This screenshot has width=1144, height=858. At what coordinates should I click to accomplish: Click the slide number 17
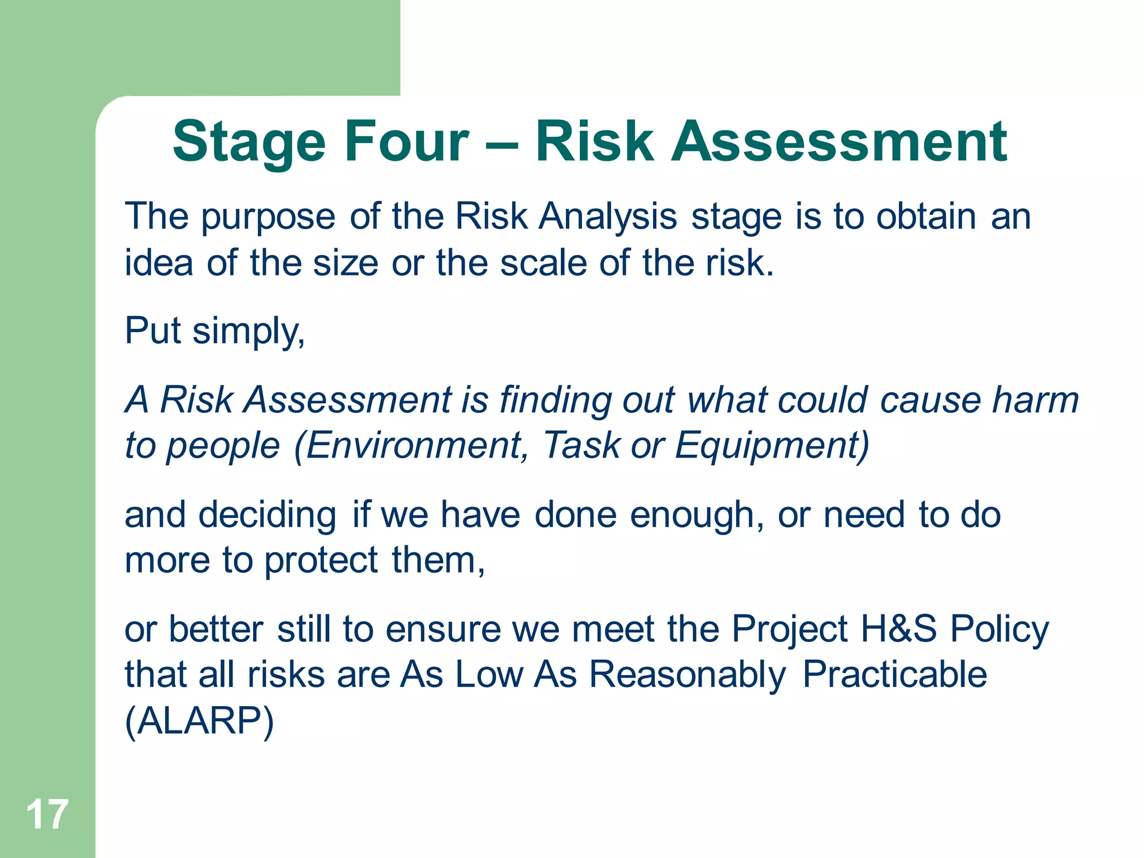pos(47,814)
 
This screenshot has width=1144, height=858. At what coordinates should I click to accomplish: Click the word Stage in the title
pos(249,142)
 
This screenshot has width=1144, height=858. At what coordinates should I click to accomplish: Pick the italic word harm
pos(1036,401)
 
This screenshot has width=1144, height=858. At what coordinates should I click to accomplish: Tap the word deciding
pos(268,515)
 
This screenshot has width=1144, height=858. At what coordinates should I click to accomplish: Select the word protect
pos(321,561)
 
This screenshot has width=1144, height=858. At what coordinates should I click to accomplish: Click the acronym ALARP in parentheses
pos(199,721)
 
